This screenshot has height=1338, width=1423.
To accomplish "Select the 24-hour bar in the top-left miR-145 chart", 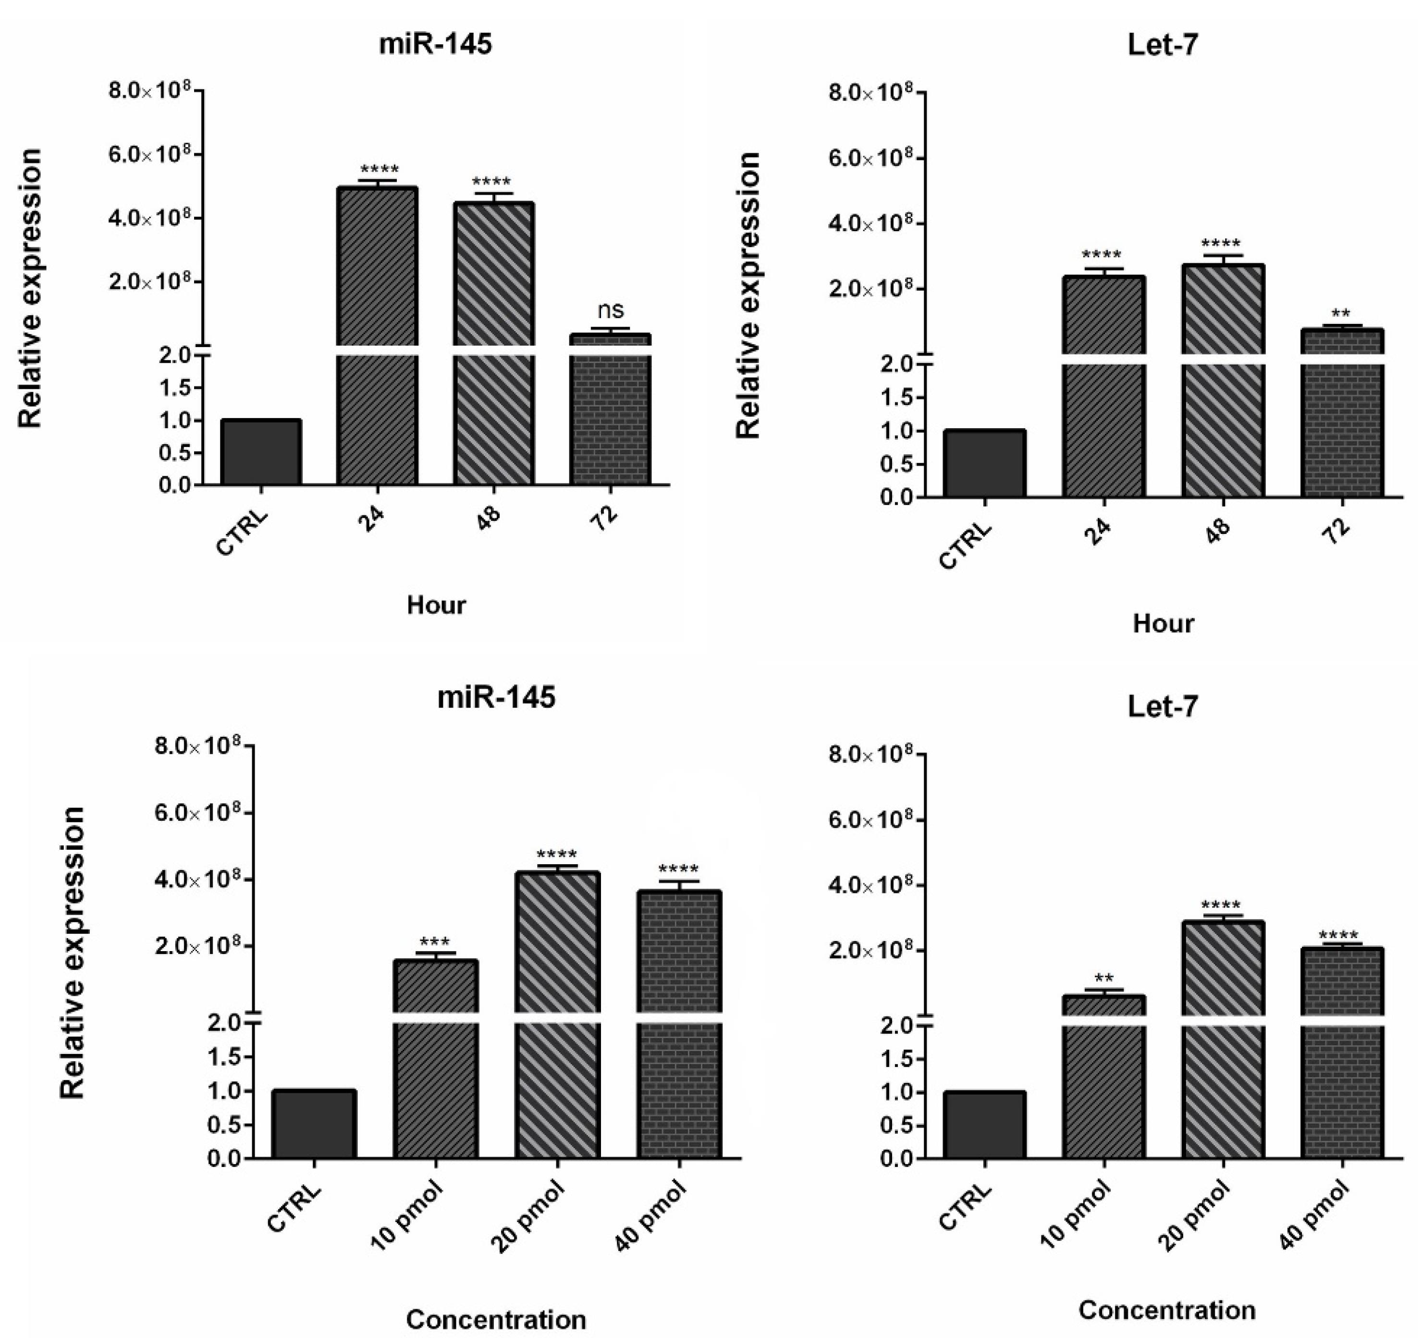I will tap(377, 336).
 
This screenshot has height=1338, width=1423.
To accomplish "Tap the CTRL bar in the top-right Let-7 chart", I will tap(984, 463).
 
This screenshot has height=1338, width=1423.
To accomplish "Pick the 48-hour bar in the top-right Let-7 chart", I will tap(1223, 379).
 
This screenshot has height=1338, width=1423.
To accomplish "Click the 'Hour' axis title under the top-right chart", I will tap(1163, 623).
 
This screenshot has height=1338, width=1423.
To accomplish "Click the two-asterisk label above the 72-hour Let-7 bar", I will tap(1341, 313).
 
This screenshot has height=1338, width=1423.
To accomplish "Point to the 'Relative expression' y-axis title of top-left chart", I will tap(31, 288).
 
